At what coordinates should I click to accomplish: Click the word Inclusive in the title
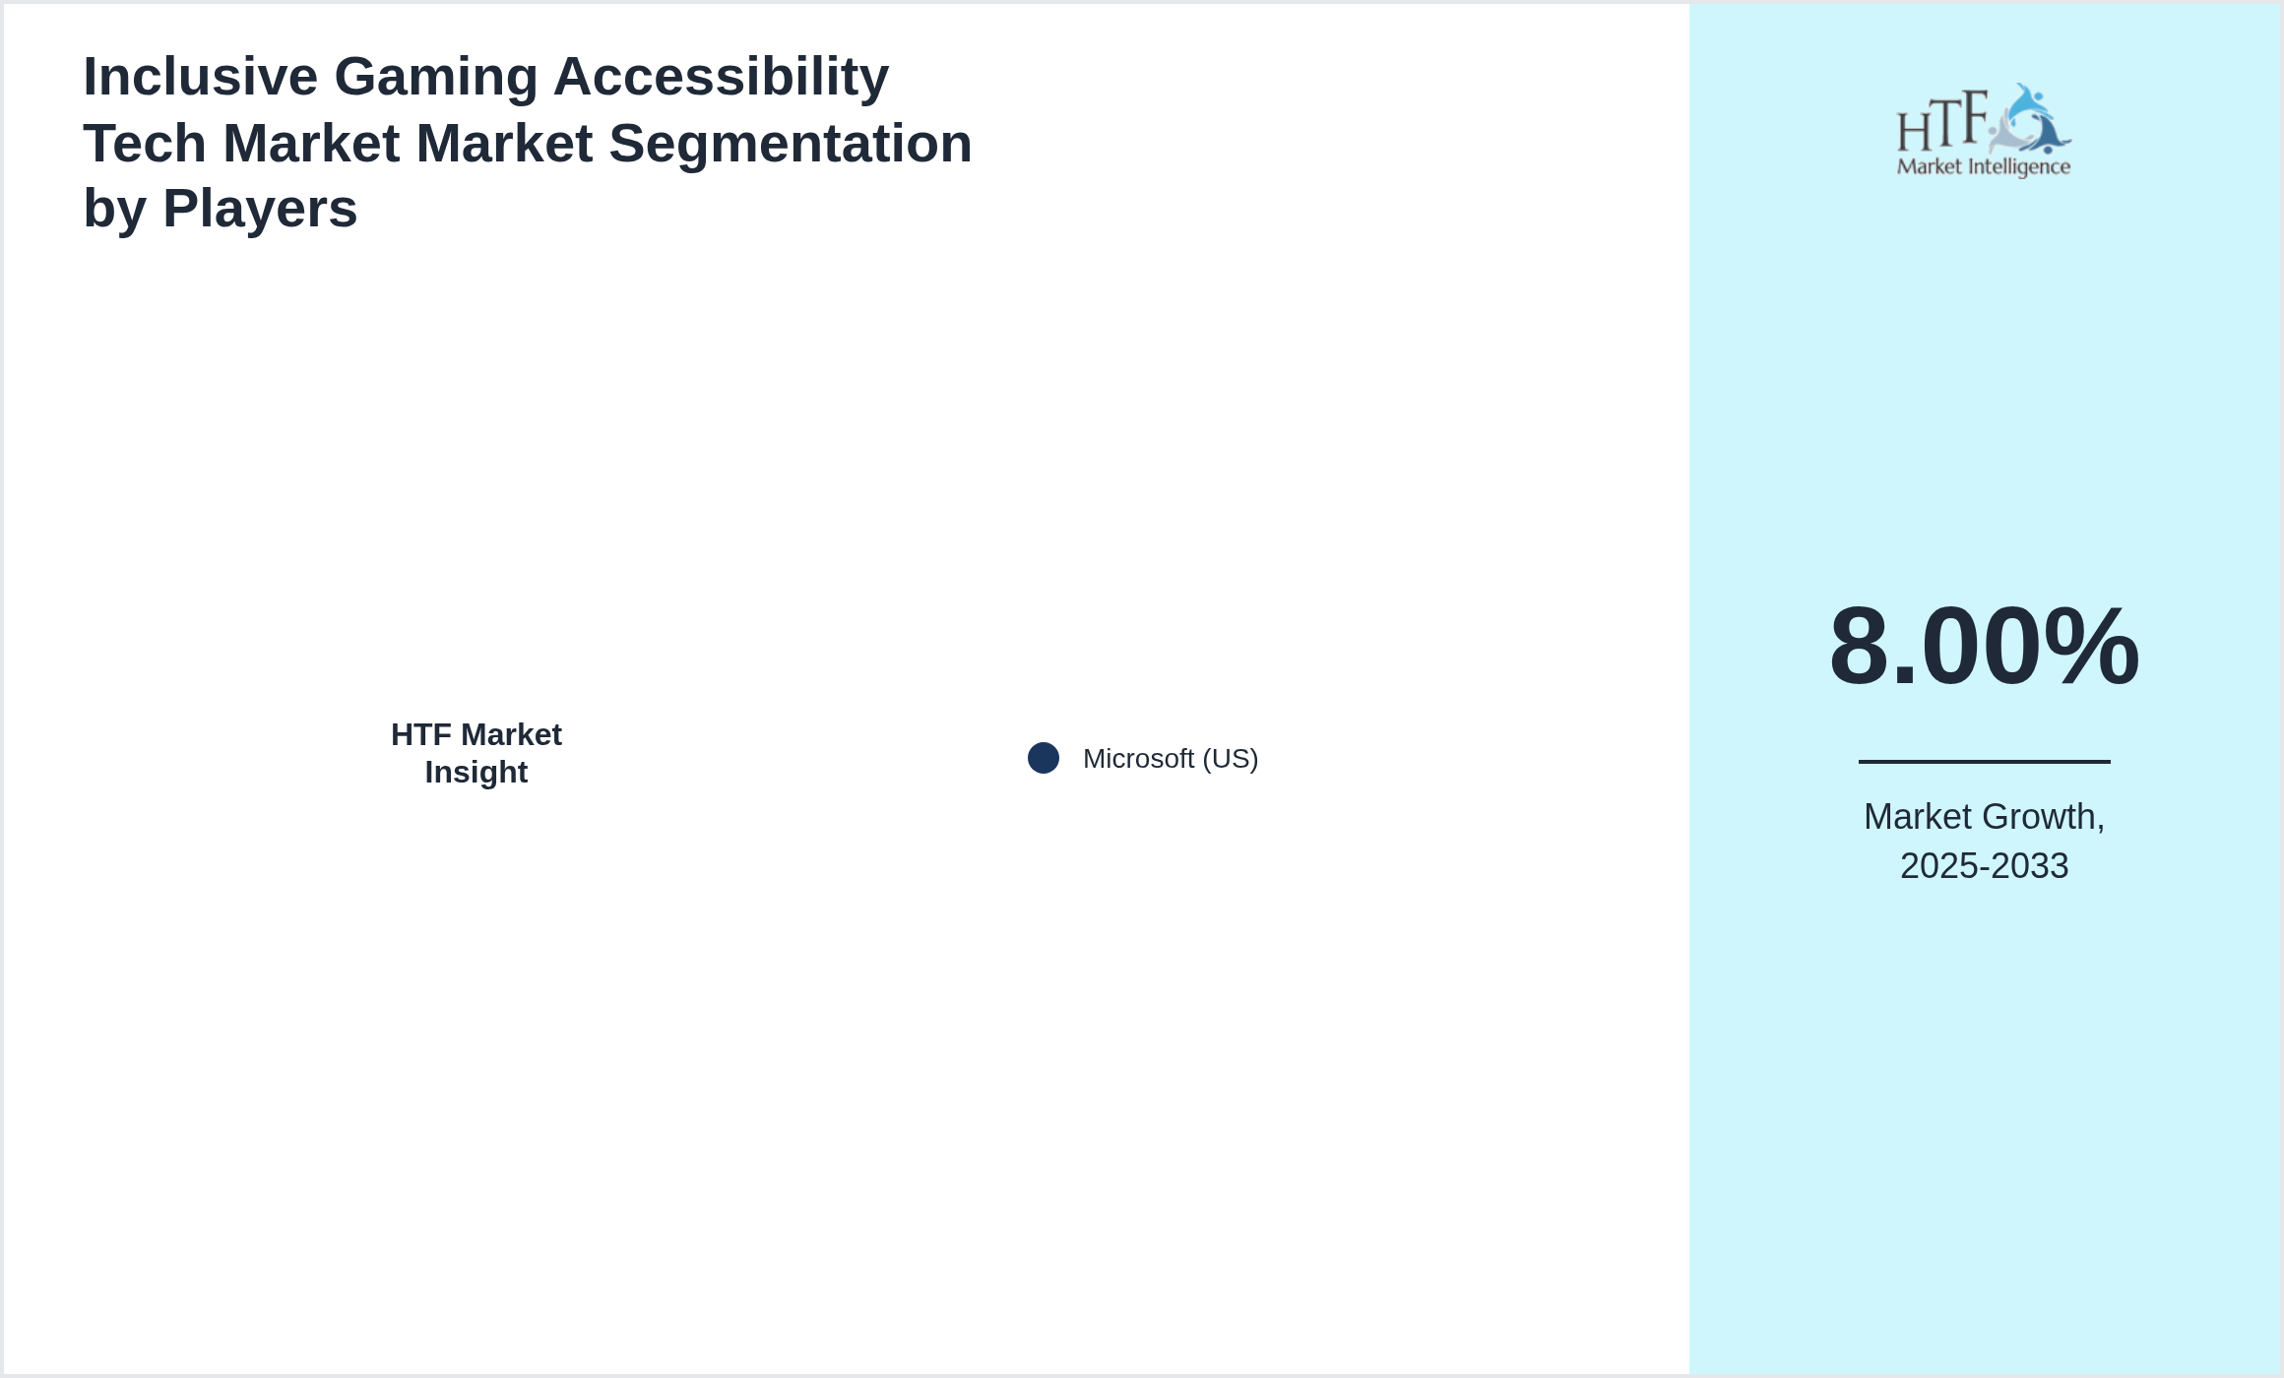200,77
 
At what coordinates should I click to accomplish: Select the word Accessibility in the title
721,77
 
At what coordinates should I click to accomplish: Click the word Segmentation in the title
790,144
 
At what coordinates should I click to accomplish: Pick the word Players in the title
260,209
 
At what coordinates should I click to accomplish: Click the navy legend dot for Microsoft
1044,758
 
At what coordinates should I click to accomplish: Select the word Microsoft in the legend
1138,759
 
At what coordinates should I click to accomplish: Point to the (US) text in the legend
1231,759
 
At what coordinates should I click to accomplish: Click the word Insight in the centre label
476,773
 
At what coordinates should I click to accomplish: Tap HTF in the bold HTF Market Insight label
421,735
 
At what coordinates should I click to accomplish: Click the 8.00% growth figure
1984,647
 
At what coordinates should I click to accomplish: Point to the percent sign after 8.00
2091,647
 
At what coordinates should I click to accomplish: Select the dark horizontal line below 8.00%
1984,761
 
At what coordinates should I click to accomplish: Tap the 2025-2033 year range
1984,866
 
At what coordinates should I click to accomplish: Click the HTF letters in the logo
1941,123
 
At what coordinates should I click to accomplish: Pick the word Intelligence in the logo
2018,167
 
